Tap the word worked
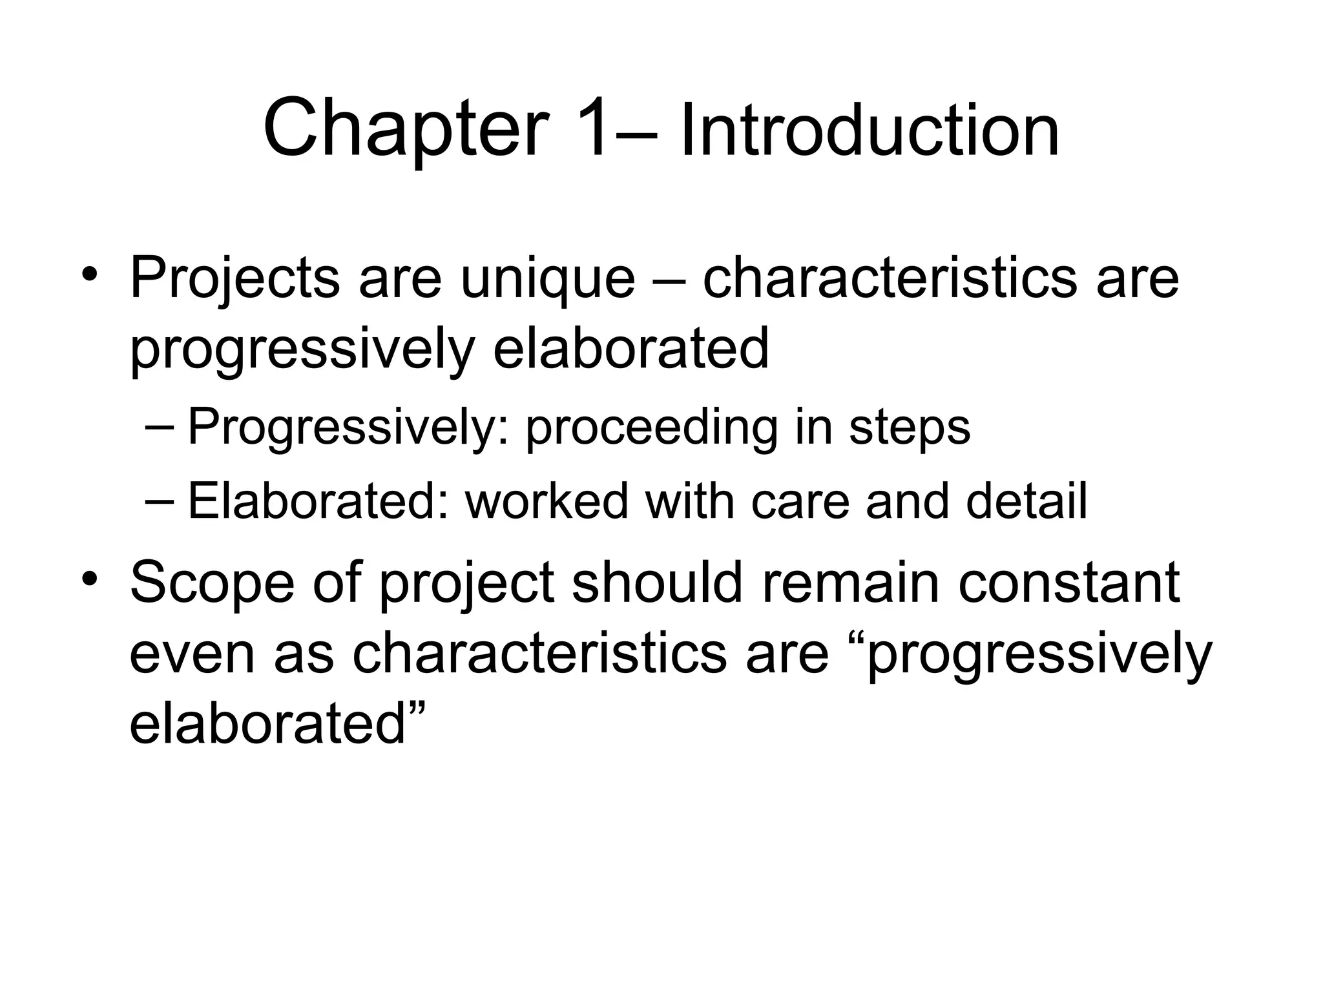pos(547,501)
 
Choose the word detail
pos(1027,501)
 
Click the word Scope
pos(213,583)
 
